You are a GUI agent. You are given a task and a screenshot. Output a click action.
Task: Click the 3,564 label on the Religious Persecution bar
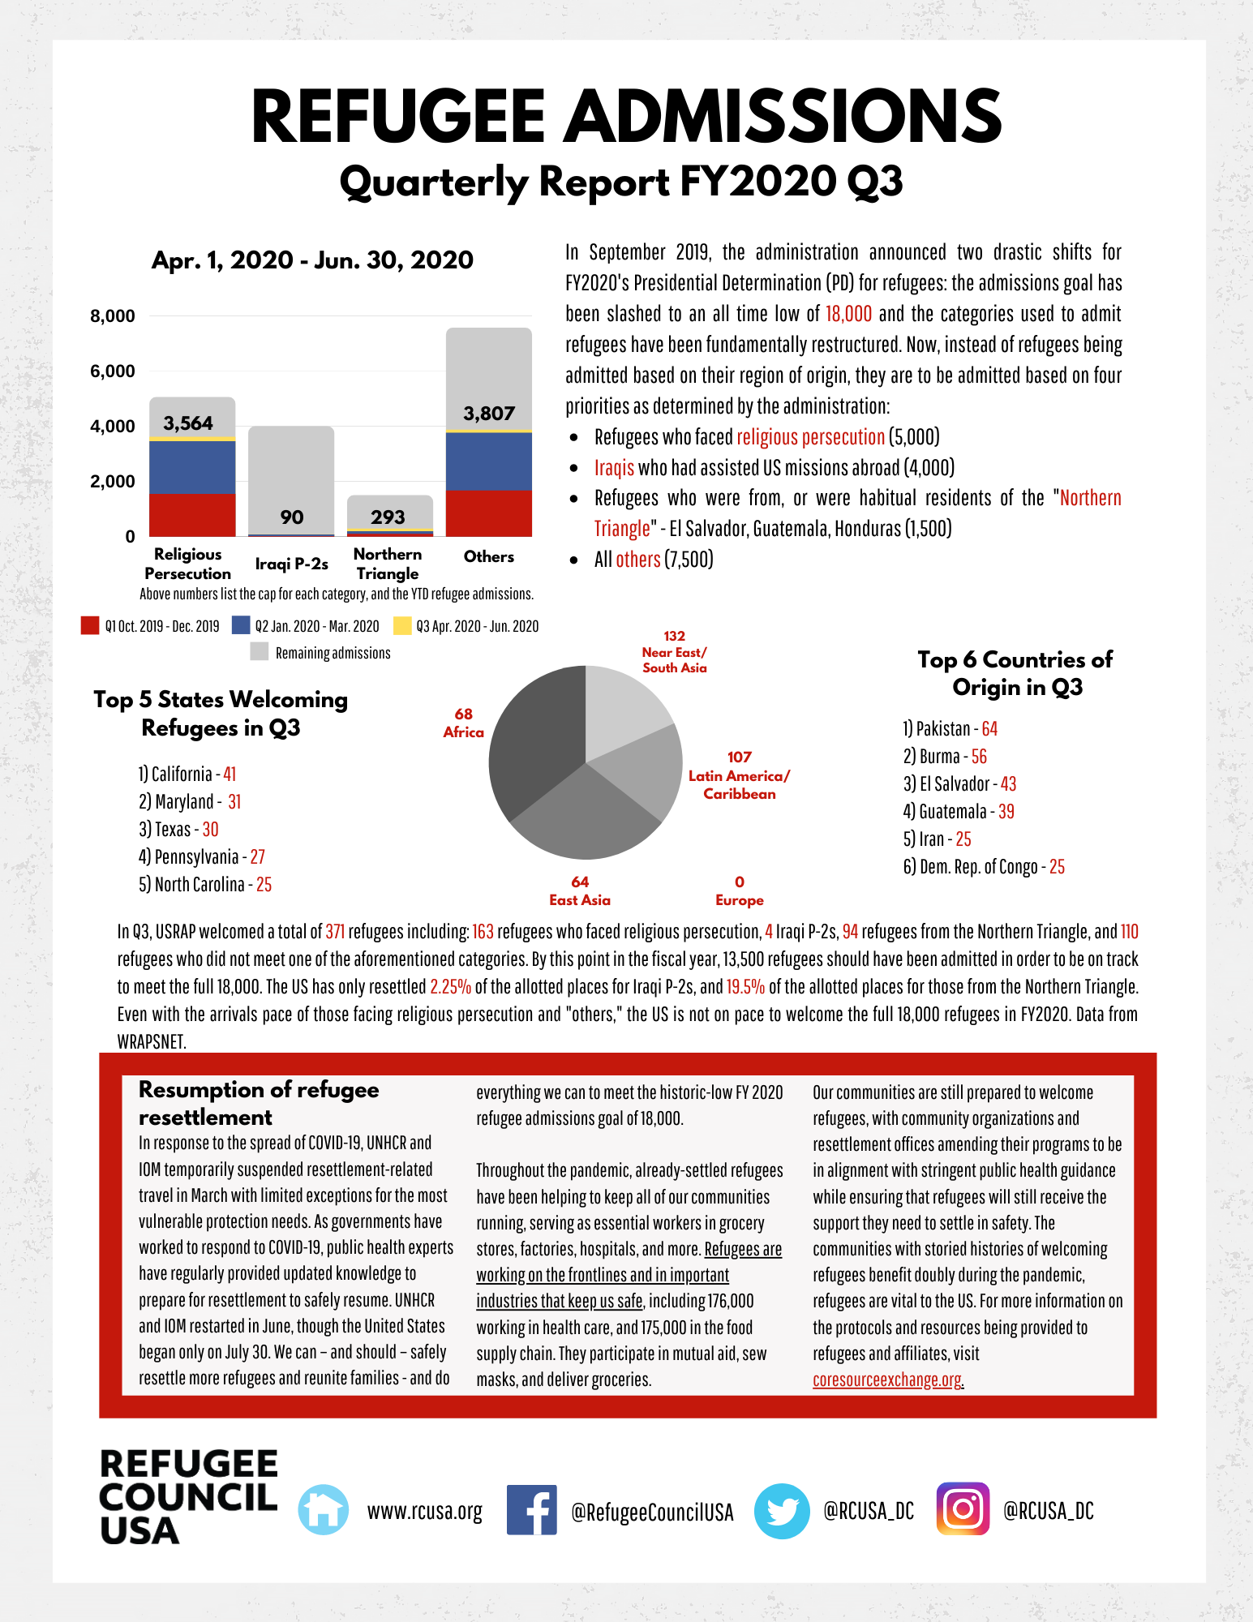(x=188, y=423)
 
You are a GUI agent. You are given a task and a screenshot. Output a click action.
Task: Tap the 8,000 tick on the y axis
(x=113, y=316)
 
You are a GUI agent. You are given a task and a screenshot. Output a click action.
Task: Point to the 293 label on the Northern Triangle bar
(x=388, y=517)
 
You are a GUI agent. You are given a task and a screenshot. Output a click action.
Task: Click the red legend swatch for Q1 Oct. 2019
(x=90, y=626)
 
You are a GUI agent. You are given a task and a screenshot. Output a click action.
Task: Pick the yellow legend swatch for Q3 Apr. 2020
(x=401, y=626)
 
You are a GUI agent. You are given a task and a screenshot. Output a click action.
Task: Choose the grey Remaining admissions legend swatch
(x=260, y=652)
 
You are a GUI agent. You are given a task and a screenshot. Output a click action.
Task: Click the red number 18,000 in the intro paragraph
(x=848, y=314)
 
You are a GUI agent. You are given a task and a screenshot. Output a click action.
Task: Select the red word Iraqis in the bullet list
(x=614, y=468)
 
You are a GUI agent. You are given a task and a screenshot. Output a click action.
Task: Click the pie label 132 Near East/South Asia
(x=674, y=652)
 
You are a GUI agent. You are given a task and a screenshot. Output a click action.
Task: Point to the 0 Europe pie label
(x=739, y=890)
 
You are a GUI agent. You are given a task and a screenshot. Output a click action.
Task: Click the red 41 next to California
(x=230, y=775)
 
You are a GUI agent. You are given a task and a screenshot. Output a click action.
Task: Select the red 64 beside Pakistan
(x=989, y=729)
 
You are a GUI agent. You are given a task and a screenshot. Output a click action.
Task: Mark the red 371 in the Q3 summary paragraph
(x=335, y=932)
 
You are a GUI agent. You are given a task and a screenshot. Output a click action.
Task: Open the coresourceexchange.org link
(x=887, y=1380)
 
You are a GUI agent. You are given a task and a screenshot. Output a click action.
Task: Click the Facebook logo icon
(x=531, y=1510)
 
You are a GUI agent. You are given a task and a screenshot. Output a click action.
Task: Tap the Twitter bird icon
(x=782, y=1511)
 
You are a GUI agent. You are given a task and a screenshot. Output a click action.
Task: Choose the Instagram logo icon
(x=963, y=1509)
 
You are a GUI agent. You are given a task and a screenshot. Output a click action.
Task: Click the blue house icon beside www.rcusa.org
(x=323, y=1510)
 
